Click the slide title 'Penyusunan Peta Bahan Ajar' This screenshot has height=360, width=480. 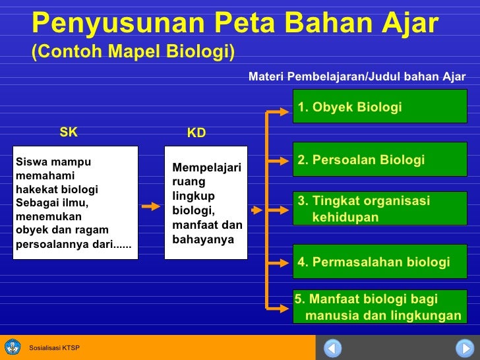coord(234,24)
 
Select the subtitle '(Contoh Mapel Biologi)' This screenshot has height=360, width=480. coord(133,52)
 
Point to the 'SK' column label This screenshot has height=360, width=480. coord(69,132)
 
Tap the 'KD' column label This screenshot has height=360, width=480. coord(196,133)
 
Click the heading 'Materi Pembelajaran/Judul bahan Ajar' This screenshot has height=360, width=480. coord(357,76)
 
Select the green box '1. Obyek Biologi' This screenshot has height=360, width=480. coord(380,107)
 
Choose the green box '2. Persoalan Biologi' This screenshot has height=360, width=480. coord(380,160)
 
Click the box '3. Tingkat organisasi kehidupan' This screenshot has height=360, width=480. coord(380,209)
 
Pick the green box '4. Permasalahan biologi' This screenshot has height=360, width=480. coord(380,262)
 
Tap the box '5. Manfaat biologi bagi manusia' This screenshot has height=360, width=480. coord(380,307)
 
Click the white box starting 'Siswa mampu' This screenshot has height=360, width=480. coord(75,202)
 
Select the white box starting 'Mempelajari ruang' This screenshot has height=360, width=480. coord(205,202)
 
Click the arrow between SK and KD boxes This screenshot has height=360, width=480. coord(151,205)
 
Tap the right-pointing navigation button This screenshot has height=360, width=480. coord(464,347)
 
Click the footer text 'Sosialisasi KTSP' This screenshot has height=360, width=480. coord(55,347)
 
